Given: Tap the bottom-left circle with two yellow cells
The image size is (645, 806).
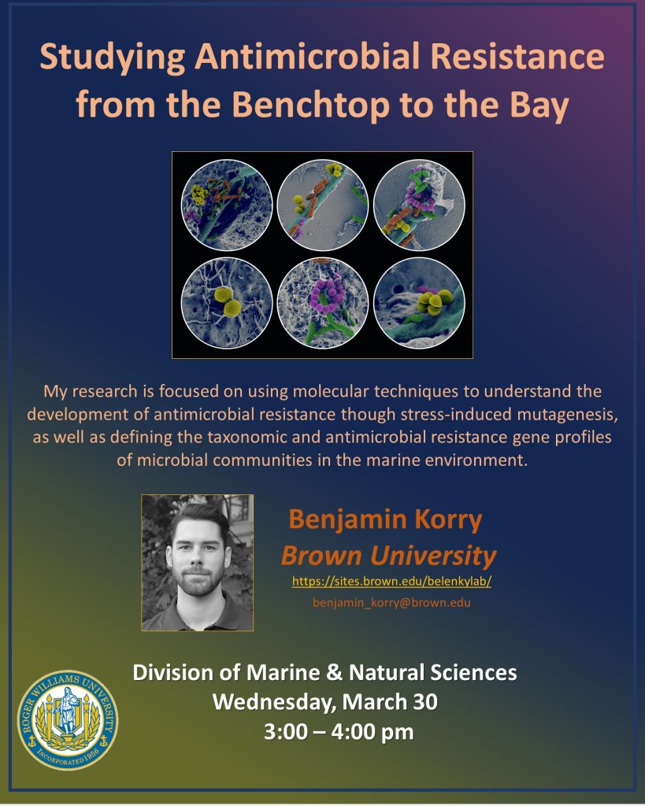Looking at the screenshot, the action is pyautogui.click(x=226, y=303).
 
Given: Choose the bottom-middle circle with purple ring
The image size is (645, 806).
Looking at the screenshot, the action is pyautogui.click(x=323, y=303).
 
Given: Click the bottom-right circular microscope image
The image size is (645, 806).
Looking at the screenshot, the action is pyautogui.click(x=419, y=303).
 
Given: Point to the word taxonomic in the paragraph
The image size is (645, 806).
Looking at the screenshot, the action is pyautogui.click(x=264, y=437).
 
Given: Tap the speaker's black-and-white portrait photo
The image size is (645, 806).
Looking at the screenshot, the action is pyautogui.click(x=198, y=563).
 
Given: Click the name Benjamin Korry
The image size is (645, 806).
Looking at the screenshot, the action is pyautogui.click(x=385, y=519).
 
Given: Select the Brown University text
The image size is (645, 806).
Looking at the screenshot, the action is pyautogui.click(x=388, y=555).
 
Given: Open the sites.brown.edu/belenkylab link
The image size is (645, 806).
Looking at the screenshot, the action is pyautogui.click(x=391, y=582).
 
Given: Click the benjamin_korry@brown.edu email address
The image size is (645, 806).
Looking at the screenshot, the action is pyautogui.click(x=391, y=602).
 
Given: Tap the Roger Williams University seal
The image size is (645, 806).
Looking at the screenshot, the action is pyautogui.click(x=68, y=720).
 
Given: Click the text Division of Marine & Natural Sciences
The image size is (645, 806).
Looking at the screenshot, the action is pyautogui.click(x=324, y=673).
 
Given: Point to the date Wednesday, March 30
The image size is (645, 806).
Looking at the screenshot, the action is pyautogui.click(x=325, y=702).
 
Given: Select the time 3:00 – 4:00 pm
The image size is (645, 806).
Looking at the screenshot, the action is pyautogui.click(x=339, y=731).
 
